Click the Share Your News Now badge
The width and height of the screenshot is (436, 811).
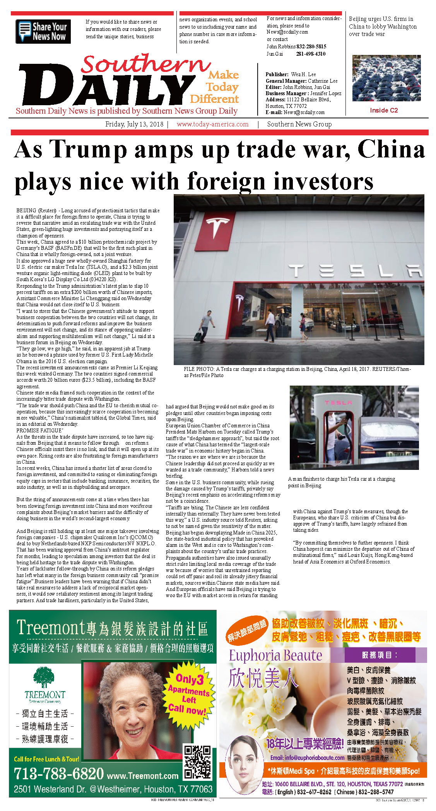(43, 31)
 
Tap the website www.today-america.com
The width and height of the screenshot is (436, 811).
(212, 124)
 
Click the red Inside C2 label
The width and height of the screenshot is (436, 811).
(383, 110)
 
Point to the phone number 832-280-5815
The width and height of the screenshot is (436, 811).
(311, 46)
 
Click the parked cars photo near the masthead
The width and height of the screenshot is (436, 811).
(386, 78)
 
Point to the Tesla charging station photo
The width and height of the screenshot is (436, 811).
(354, 427)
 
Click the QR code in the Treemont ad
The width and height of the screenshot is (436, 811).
(198, 761)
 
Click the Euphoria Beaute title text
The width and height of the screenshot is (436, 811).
(275, 655)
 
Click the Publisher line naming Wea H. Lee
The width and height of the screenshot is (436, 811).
(291, 74)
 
